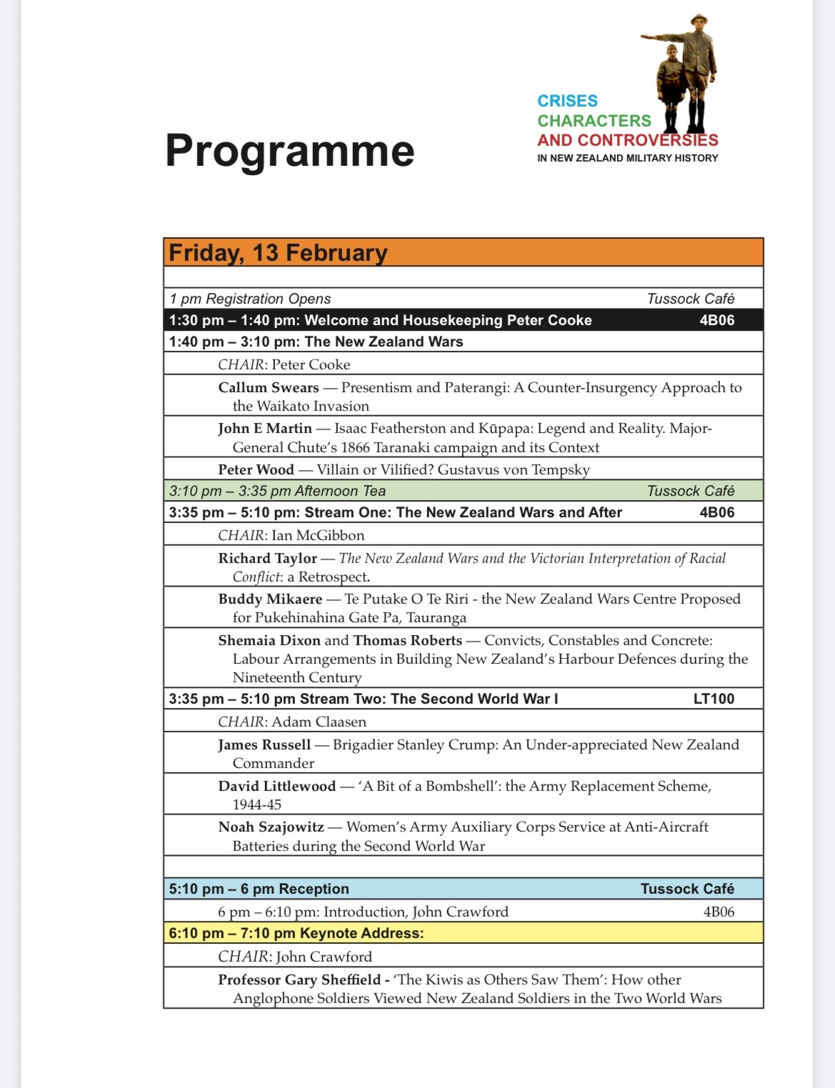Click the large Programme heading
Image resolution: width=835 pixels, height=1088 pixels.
tap(289, 151)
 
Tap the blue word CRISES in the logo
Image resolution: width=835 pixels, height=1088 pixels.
tap(567, 101)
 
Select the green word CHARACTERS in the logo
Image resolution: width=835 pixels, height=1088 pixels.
tap(594, 120)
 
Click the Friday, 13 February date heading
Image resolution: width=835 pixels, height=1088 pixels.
tap(278, 253)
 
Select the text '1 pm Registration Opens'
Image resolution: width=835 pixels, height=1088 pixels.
tap(250, 299)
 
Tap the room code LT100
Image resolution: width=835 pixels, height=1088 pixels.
tap(714, 699)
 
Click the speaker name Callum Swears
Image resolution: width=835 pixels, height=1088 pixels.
tap(269, 387)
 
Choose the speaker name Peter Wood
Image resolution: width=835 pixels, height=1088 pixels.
tap(256, 469)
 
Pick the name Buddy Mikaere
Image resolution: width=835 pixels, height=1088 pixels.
tap(270, 599)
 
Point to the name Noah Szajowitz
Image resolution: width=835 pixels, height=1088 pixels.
tap(271, 827)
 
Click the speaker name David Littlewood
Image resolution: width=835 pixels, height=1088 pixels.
tap(276, 786)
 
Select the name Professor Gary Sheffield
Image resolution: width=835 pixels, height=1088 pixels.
tap(299, 979)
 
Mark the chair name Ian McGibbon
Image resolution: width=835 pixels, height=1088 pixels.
tap(318, 535)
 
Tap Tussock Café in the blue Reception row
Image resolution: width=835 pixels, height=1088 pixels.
tap(687, 889)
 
